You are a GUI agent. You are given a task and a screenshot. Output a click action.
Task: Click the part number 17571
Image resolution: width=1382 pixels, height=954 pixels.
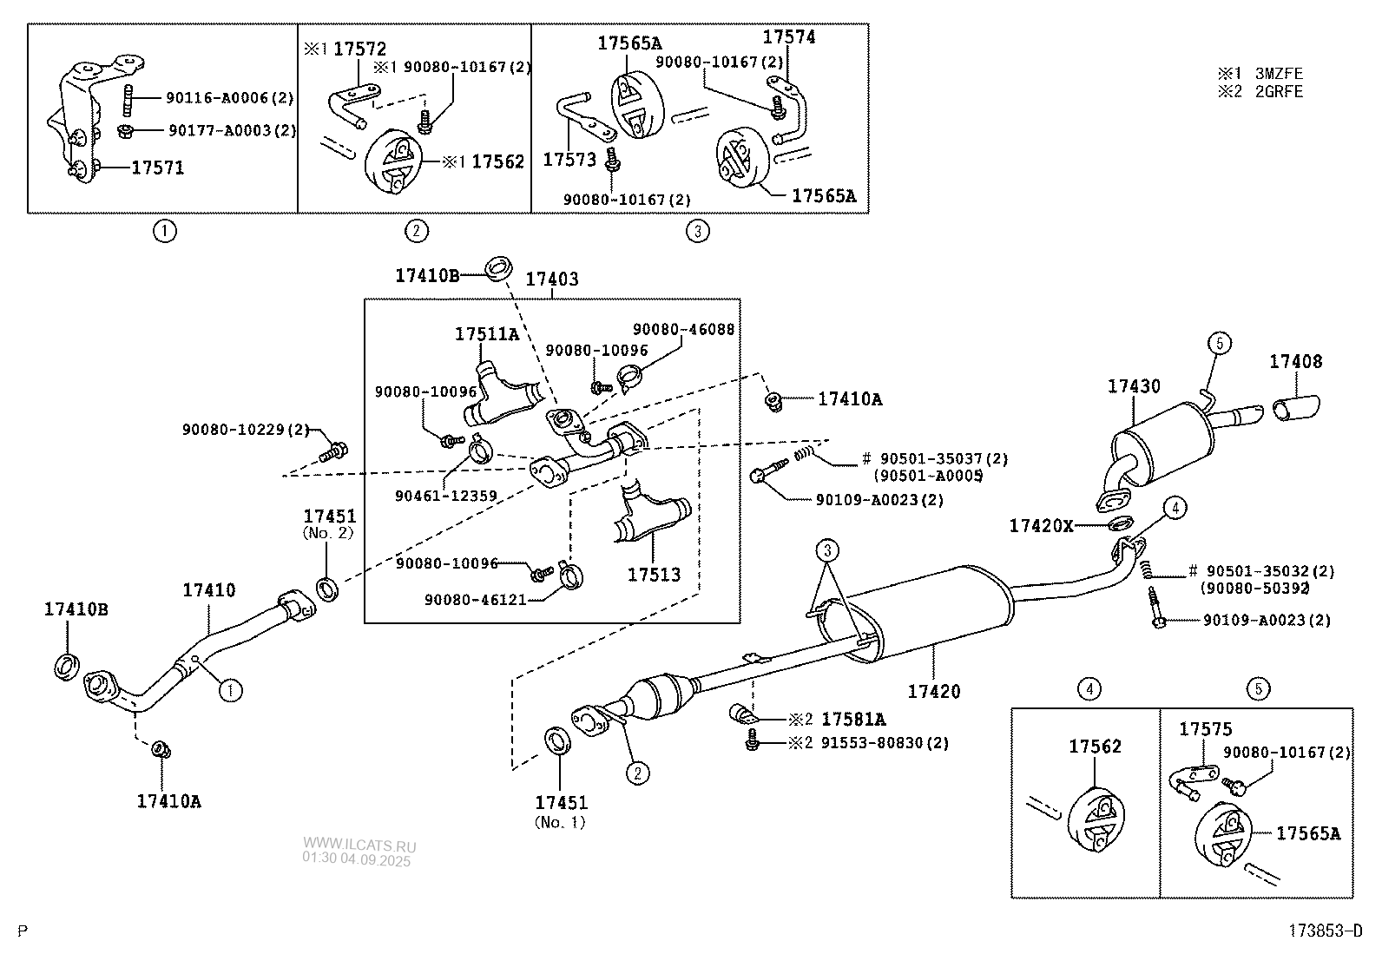coord(157,168)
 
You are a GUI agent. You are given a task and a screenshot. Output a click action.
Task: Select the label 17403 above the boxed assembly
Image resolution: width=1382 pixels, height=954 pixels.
coord(552,280)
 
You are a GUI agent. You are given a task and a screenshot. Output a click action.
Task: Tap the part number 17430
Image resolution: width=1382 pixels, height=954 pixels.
coord(1133,386)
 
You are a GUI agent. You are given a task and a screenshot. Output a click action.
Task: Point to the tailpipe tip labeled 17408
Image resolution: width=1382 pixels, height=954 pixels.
coord(1296,408)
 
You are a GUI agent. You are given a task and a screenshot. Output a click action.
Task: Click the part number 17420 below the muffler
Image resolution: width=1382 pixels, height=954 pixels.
coord(934,691)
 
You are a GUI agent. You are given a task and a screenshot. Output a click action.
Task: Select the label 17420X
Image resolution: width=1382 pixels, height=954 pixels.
coord(1041,525)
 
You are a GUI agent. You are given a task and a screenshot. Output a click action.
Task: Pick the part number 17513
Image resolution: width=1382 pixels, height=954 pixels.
coord(654,575)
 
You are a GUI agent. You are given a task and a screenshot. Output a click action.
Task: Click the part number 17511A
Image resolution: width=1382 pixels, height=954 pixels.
coord(487,334)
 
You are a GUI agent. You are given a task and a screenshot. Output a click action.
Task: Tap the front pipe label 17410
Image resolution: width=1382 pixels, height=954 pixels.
coord(208,590)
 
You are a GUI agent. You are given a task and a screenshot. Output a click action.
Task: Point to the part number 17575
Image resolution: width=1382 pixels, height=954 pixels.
coord(1205,729)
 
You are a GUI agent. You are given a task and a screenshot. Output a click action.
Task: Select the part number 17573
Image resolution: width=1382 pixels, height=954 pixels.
coord(569,160)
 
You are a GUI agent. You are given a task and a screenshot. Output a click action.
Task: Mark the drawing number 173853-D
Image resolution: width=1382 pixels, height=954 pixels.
coord(1325,931)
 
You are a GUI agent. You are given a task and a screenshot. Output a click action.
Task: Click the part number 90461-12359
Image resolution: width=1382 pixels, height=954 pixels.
coord(445,496)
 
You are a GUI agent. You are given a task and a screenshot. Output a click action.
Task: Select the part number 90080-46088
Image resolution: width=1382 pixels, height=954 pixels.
coord(683,330)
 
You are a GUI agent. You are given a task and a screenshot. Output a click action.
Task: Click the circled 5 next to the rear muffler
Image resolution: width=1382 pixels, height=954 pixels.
coord(1219,344)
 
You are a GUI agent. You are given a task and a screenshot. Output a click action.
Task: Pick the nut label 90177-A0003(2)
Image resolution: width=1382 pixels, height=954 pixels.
coord(232,130)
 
